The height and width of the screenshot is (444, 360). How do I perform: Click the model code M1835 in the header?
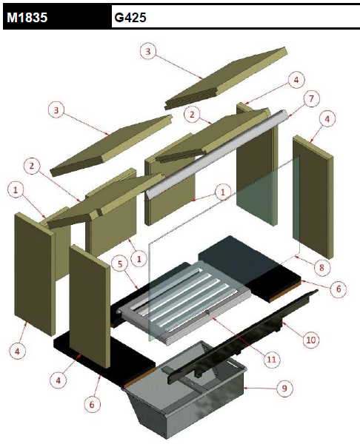(27, 18)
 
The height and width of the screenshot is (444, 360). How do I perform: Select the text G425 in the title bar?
(130, 18)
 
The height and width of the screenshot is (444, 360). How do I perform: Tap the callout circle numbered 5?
(120, 264)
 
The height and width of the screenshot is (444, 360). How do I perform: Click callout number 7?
(311, 99)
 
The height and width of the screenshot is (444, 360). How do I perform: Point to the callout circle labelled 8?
(321, 267)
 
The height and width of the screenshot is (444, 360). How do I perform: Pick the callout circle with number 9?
(285, 388)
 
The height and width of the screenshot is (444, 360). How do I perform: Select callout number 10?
(311, 340)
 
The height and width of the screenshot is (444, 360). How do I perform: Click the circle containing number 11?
(272, 360)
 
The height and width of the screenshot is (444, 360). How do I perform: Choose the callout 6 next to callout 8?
(339, 289)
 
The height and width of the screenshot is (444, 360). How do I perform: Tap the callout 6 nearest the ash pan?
(92, 404)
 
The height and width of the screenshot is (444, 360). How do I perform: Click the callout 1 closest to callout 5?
(139, 258)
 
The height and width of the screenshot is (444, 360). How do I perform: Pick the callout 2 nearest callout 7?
(192, 115)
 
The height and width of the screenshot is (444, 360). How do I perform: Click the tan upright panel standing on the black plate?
(90, 306)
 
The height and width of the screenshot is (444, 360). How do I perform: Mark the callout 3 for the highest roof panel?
(148, 52)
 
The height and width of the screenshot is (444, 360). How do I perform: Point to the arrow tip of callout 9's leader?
(244, 388)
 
